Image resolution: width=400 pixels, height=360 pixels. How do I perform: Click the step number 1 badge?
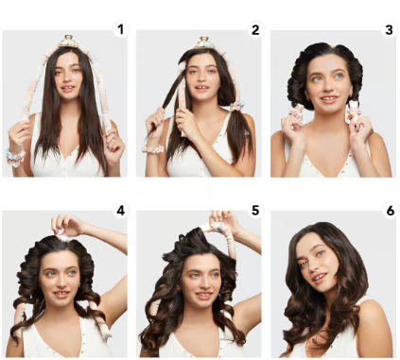120,29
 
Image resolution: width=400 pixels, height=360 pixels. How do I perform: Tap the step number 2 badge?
255,29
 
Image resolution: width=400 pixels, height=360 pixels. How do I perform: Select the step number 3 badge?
389,29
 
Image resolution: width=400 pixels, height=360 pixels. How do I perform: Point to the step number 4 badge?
120,210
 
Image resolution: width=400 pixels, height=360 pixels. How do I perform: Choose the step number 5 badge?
255,210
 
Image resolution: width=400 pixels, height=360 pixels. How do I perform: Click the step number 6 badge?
390,210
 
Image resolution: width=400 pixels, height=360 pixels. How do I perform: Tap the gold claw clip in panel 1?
68,42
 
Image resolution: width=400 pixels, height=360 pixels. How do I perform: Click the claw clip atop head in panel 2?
204,43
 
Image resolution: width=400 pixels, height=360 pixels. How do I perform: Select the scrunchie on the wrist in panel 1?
15,157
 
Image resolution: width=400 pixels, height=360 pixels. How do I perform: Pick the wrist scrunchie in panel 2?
153,148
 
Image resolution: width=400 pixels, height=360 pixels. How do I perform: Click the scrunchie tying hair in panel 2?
236,106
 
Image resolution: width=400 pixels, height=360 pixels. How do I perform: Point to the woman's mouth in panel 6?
320,277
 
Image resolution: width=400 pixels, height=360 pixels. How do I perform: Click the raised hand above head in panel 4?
67,225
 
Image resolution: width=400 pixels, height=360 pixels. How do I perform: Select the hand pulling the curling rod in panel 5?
224,220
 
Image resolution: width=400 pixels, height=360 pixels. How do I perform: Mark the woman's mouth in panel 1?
68,88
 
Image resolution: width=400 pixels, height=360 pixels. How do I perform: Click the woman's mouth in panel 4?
61,294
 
